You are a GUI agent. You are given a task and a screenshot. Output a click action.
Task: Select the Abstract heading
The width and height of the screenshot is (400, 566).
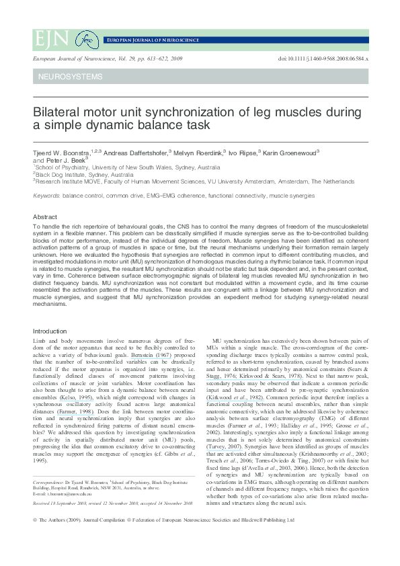[45, 217]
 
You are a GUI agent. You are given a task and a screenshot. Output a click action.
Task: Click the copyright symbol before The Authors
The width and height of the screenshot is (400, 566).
[35, 539]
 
